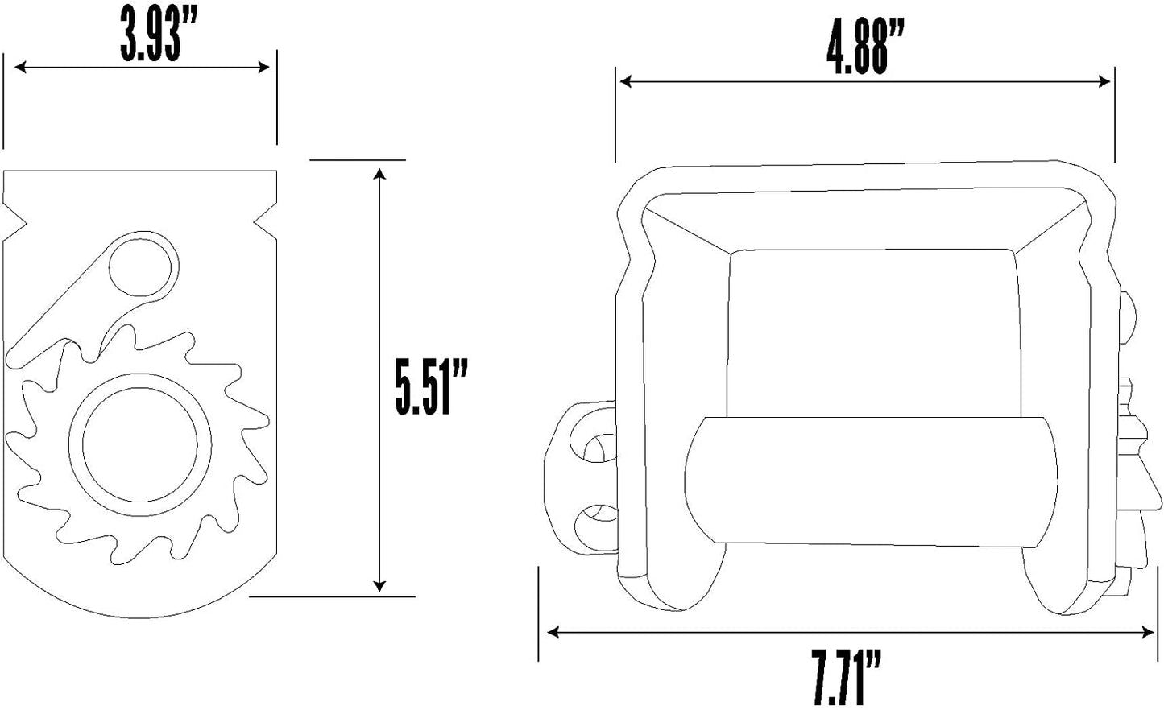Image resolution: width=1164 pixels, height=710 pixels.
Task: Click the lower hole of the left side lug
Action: pyautogui.click(x=596, y=522)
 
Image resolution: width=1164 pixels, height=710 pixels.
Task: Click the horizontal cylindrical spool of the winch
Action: pyautogui.click(x=870, y=481)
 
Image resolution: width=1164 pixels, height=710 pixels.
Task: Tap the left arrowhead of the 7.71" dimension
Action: pyautogui.click(x=553, y=633)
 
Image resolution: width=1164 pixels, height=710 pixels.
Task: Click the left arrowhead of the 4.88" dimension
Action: pyautogui.click(x=625, y=81)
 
